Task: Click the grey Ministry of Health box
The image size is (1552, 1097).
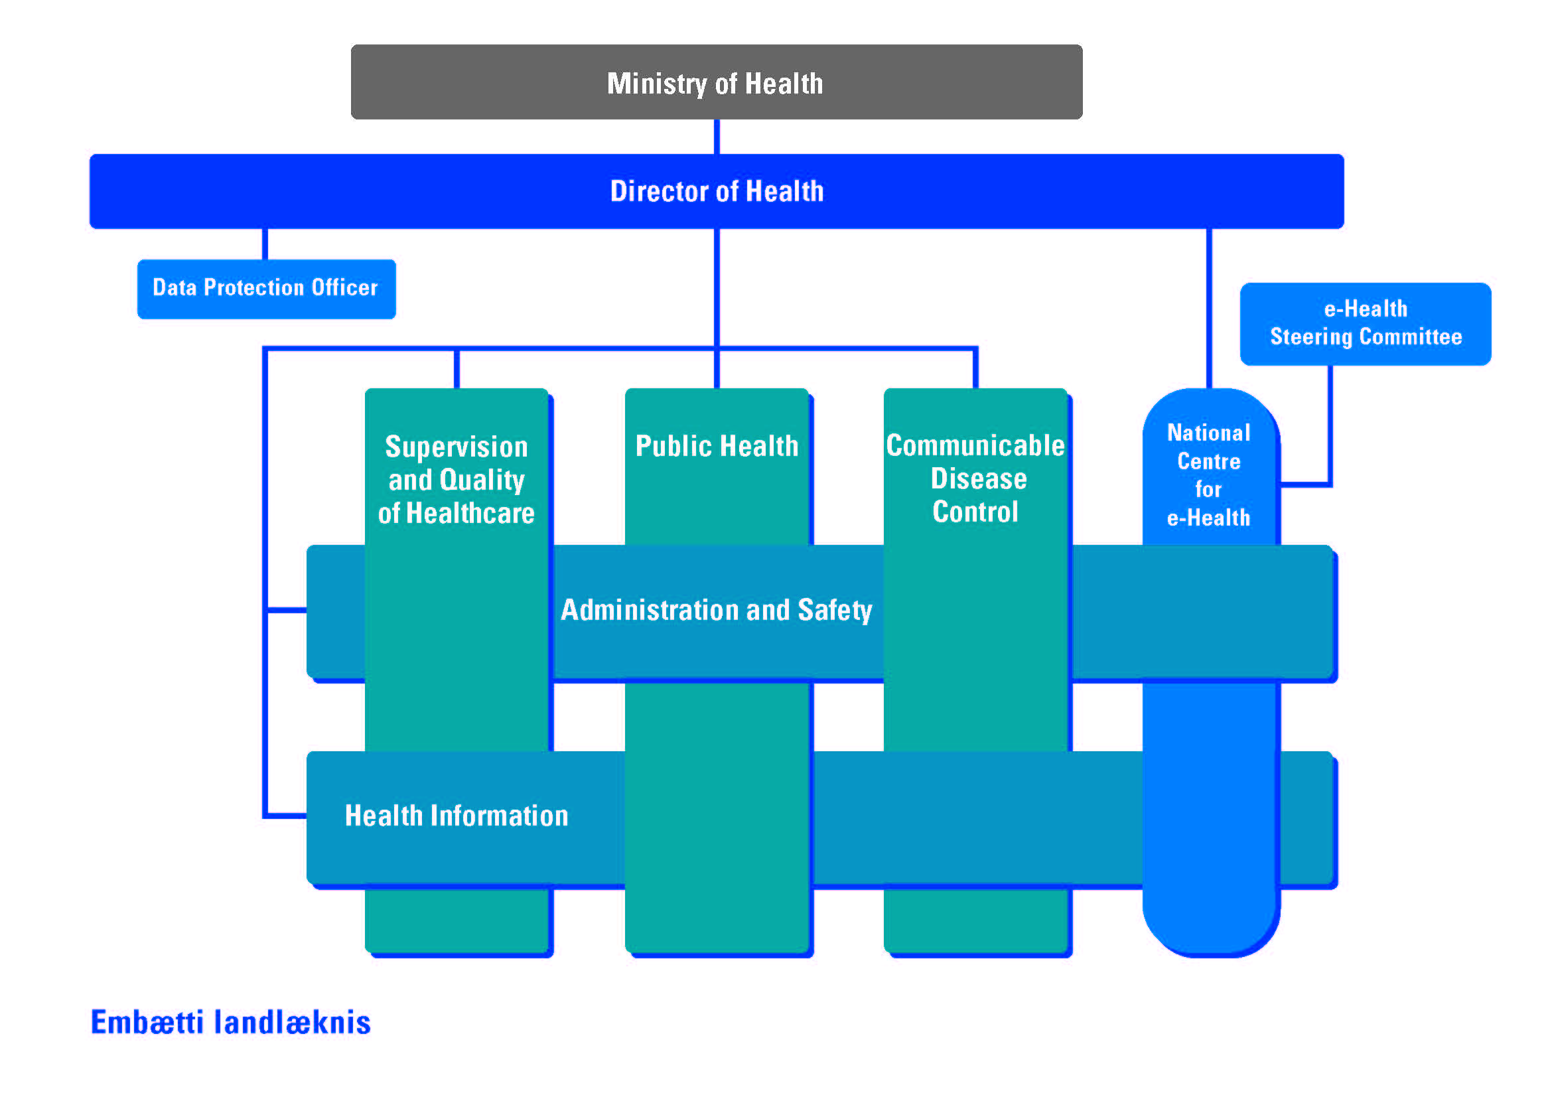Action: coord(717,82)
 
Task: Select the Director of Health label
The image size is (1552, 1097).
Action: coord(717,191)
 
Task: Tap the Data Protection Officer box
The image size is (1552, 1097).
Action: coord(265,289)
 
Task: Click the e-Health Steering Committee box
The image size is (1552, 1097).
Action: coord(1365,324)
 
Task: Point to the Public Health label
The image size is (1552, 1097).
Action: coord(717,446)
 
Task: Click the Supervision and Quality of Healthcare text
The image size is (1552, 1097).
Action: coord(457,480)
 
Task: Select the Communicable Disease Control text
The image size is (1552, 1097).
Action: coord(975,478)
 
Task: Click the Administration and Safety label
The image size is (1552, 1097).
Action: coord(717,611)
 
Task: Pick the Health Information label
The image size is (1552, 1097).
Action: coord(457,816)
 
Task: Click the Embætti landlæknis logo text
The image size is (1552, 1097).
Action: coord(230,1022)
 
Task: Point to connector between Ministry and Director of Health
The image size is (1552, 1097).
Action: coord(717,137)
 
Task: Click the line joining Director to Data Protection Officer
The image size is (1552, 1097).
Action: coord(265,244)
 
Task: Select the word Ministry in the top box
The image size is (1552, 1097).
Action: coord(656,84)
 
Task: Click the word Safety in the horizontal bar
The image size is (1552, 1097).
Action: coord(835,611)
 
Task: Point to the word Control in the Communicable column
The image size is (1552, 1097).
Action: coord(975,512)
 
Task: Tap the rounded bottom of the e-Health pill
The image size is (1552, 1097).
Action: coord(1210,933)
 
